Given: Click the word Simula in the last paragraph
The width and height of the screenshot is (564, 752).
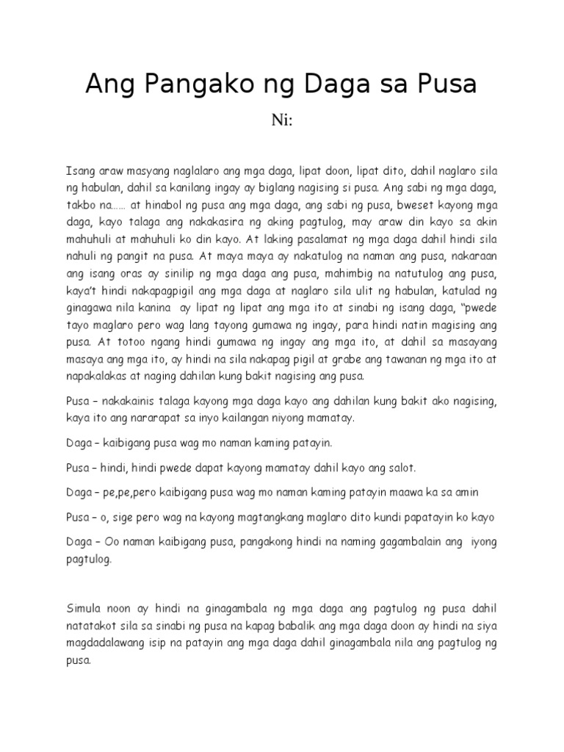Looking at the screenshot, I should [x=84, y=609].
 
